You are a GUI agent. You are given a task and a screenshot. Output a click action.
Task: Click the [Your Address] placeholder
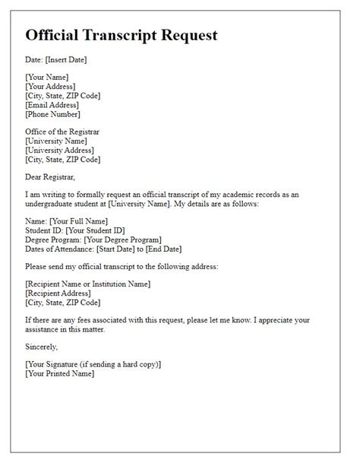pyautogui.click(x=51, y=86)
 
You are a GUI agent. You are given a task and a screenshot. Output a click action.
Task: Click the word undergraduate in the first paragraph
pyautogui.click(x=52, y=205)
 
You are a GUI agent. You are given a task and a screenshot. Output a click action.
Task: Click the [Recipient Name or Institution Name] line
pyautogui.click(x=87, y=284)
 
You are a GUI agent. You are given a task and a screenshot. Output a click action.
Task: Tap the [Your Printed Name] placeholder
pyautogui.click(x=62, y=374)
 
